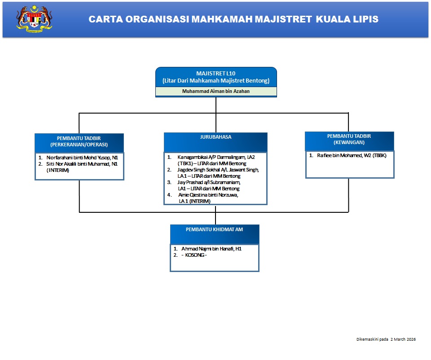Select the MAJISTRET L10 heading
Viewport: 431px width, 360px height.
(x=216, y=73)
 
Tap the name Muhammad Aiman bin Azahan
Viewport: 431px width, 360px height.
(x=216, y=91)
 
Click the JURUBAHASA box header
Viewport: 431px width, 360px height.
(x=215, y=137)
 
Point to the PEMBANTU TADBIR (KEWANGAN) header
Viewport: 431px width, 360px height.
(x=349, y=139)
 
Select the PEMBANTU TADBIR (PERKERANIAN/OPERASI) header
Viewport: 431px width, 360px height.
(x=79, y=142)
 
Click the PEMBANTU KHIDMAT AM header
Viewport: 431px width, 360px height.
(x=215, y=229)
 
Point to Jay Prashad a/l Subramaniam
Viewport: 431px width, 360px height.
(x=209, y=183)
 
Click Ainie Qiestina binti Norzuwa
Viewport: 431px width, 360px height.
(x=208, y=195)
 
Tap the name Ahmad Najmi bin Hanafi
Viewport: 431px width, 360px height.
(x=208, y=248)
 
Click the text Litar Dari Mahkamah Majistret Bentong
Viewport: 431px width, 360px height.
(x=216, y=81)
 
